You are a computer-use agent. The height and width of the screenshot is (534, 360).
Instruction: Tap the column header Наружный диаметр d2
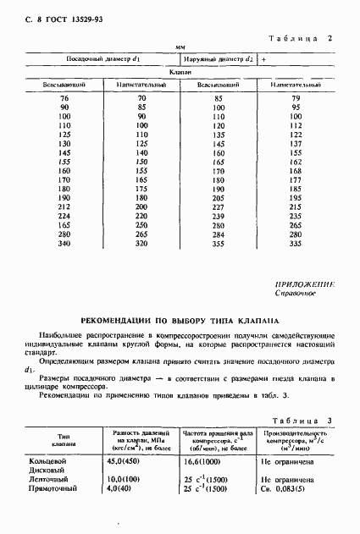click(219, 60)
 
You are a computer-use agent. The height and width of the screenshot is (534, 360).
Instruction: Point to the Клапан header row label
click(179, 74)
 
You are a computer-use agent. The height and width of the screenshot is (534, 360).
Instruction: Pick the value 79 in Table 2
click(296, 99)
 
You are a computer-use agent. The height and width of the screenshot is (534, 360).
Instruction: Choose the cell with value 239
click(218, 216)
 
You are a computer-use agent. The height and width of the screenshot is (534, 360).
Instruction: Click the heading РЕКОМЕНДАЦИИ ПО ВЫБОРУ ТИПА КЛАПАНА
click(180, 320)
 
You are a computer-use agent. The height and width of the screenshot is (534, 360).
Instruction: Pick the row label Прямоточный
click(53, 489)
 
